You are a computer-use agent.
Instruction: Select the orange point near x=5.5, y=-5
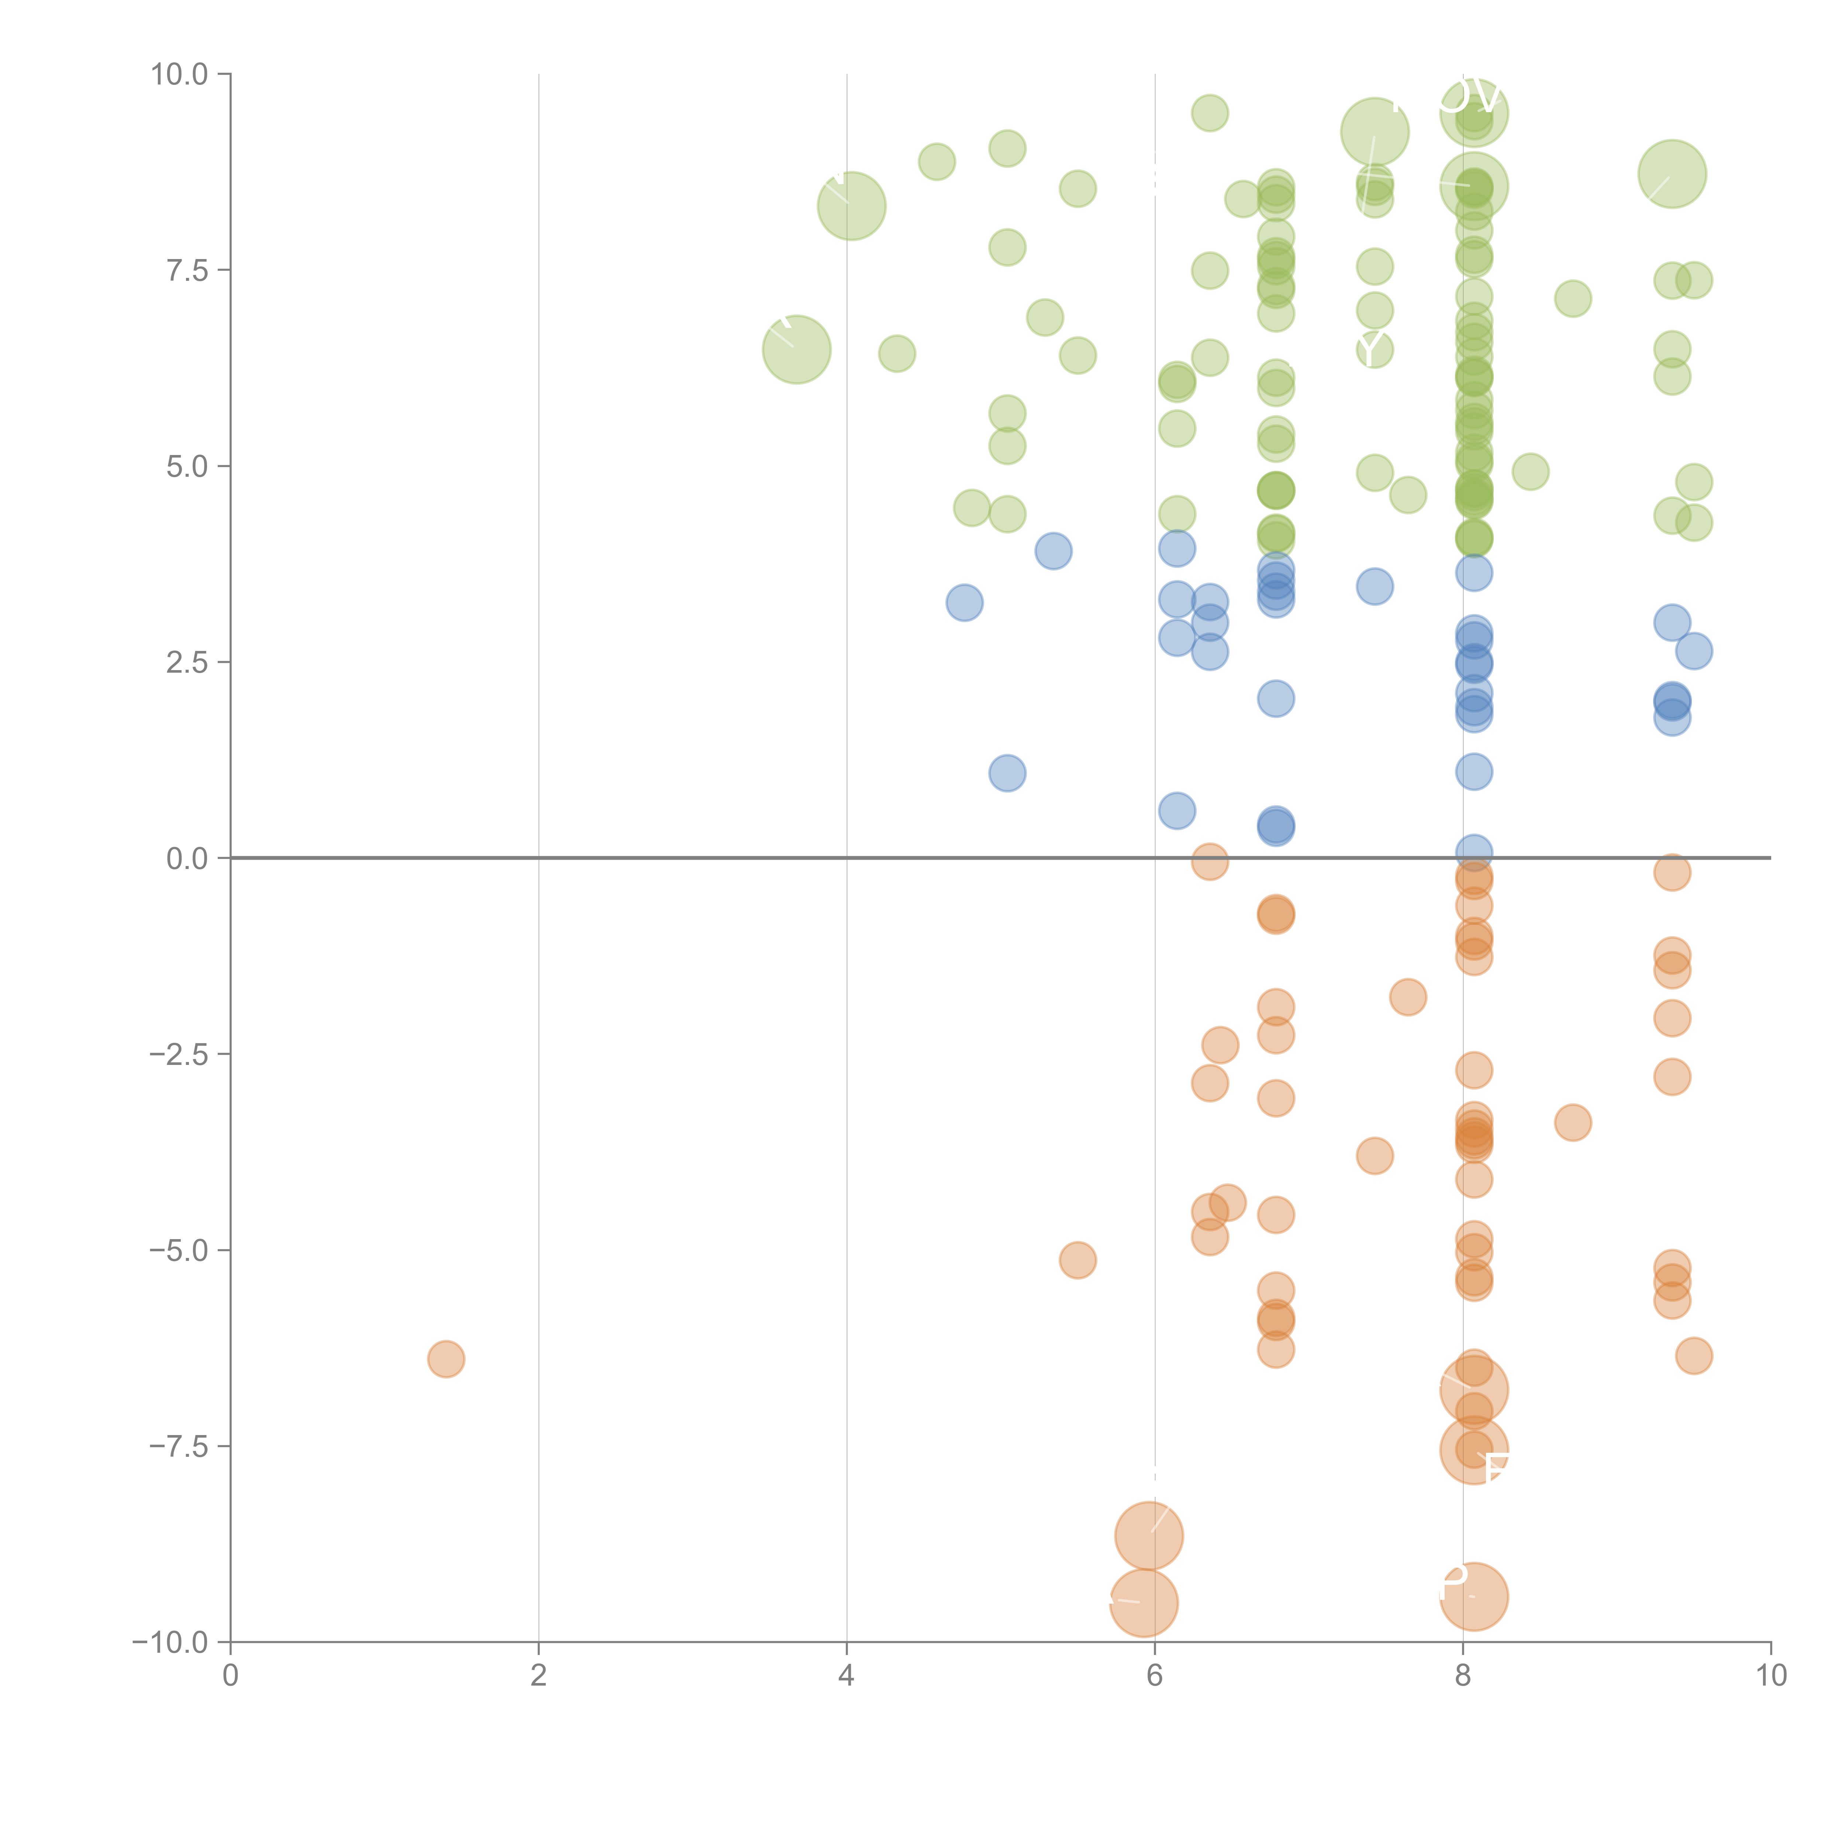point(1077,1261)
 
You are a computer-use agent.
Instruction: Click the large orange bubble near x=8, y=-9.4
point(1473,1597)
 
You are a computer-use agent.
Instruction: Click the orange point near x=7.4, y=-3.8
point(1374,1155)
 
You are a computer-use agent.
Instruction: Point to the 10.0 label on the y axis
point(180,75)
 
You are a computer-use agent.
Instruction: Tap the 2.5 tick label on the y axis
point(187,663)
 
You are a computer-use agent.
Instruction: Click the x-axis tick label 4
point(846,1676)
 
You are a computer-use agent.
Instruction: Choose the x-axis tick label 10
point(1770,1676)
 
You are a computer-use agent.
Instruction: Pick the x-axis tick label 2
point(539,1676)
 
